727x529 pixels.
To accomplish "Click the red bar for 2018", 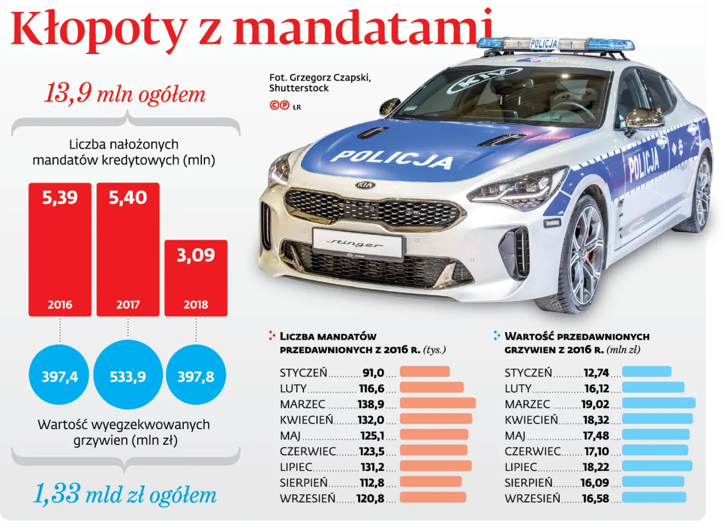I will click(196, 278).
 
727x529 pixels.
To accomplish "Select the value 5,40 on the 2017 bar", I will click(128, 197).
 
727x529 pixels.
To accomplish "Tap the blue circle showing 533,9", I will click(128, 375).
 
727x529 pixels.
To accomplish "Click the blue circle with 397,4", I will click(60, 375).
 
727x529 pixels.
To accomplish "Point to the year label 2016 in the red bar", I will click(60, 305).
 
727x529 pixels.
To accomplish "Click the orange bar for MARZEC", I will click(437, 403).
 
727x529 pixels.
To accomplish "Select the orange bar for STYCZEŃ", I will click(424, 372).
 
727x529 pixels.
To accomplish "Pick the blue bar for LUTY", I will click(653, 388).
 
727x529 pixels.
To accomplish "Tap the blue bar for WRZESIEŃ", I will click(654, 497).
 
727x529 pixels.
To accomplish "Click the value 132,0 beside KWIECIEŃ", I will click(371, 420).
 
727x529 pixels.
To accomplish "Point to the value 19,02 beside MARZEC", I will click(595, 404).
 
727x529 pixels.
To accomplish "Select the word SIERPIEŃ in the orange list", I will click(304, 483).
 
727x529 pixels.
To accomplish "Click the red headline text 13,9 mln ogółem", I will click(125, 94).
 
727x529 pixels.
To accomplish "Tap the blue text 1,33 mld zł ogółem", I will click(125, 494).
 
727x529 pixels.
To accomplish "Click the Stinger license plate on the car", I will click(358, 243).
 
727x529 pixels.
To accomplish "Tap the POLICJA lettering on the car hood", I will click(392, 159).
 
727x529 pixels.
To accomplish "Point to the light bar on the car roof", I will click(556, 45).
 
